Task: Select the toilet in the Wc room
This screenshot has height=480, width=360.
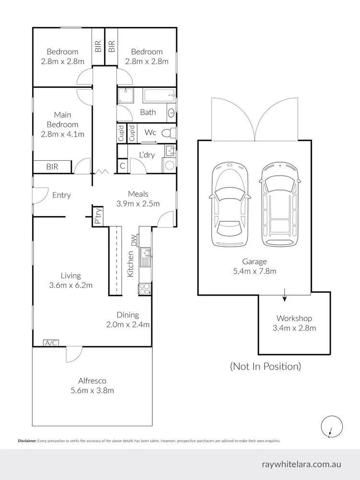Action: coord(168,133)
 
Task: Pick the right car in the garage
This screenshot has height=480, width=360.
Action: coord(279,204)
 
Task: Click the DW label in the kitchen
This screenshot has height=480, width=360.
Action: coord(134,239)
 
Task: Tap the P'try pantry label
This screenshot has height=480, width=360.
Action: coord(98,216)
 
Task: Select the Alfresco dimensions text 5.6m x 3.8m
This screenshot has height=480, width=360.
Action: coord(92,390)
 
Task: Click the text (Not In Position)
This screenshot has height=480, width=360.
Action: coord(265,366)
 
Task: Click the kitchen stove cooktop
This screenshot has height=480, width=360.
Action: coord(144,288)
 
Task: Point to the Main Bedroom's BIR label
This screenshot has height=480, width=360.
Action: coord(52,167)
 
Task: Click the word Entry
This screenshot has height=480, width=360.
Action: coord(61,195)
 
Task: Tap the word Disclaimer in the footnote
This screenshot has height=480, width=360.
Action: coord(27,441)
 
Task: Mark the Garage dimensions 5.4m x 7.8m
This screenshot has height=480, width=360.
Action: coord(254,271)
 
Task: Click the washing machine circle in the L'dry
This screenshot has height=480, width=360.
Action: coord(169,166)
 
